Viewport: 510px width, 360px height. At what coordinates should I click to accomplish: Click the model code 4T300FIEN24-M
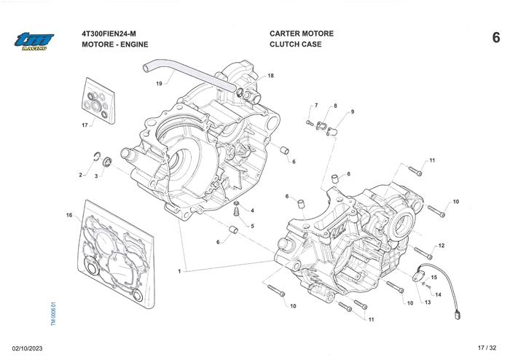coord(115,34)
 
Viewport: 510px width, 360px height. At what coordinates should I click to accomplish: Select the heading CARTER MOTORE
coord(301,34)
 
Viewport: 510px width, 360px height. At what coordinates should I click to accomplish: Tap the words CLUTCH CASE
coord(295,44)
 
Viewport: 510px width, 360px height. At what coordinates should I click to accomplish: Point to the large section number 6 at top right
coord(495,38)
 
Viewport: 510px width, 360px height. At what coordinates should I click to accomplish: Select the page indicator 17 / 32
coord(486,348)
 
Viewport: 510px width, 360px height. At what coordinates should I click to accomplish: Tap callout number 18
coord(270,76)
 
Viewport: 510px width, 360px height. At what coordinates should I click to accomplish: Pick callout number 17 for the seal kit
coord(85,125)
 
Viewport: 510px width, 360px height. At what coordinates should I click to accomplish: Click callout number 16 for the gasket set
coord(69,215)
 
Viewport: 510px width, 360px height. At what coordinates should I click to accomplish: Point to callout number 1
coord(178,271)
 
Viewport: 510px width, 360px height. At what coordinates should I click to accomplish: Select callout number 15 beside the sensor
coord(433,278)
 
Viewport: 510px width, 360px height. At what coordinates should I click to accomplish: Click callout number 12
coord(442,246)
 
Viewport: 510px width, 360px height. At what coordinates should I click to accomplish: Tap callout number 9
coord(352,111)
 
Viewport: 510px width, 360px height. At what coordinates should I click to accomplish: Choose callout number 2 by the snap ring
coord(81,175)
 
